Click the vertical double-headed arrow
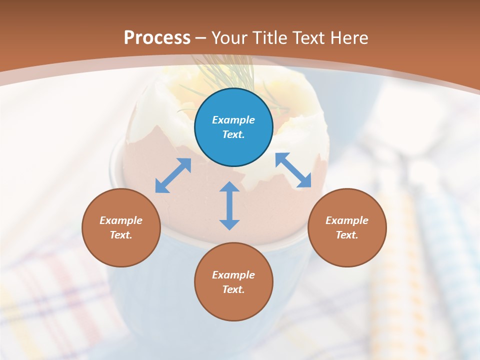point(229,205)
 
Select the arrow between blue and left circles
point(173,175)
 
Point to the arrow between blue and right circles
point(293,170)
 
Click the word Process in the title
point(157,38)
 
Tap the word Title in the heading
point(270,38)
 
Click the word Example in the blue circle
point(233,120)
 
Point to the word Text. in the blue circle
point(233,134)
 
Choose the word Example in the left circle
point(121,220)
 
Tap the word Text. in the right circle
point(347,235)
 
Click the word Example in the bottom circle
point(233,275)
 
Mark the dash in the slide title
point(201,38)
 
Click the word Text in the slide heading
point(308,38)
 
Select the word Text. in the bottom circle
point(233,289)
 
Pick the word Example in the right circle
point(347,220)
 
